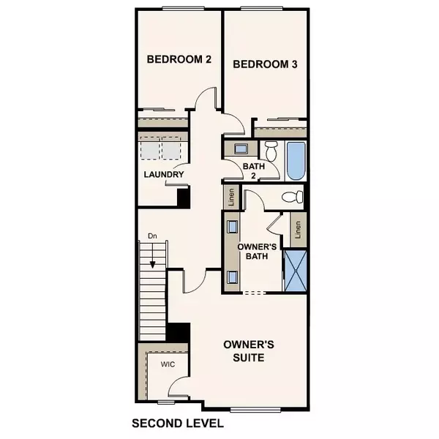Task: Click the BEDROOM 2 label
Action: [179, 60]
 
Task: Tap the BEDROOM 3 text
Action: [265, 64]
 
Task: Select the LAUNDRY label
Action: [162, 174]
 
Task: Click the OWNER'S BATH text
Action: [257, 251]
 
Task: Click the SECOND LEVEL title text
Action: [176, 424]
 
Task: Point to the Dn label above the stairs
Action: [152, 237]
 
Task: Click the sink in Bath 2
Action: [241, 149]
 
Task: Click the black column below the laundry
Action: [183, 197]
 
